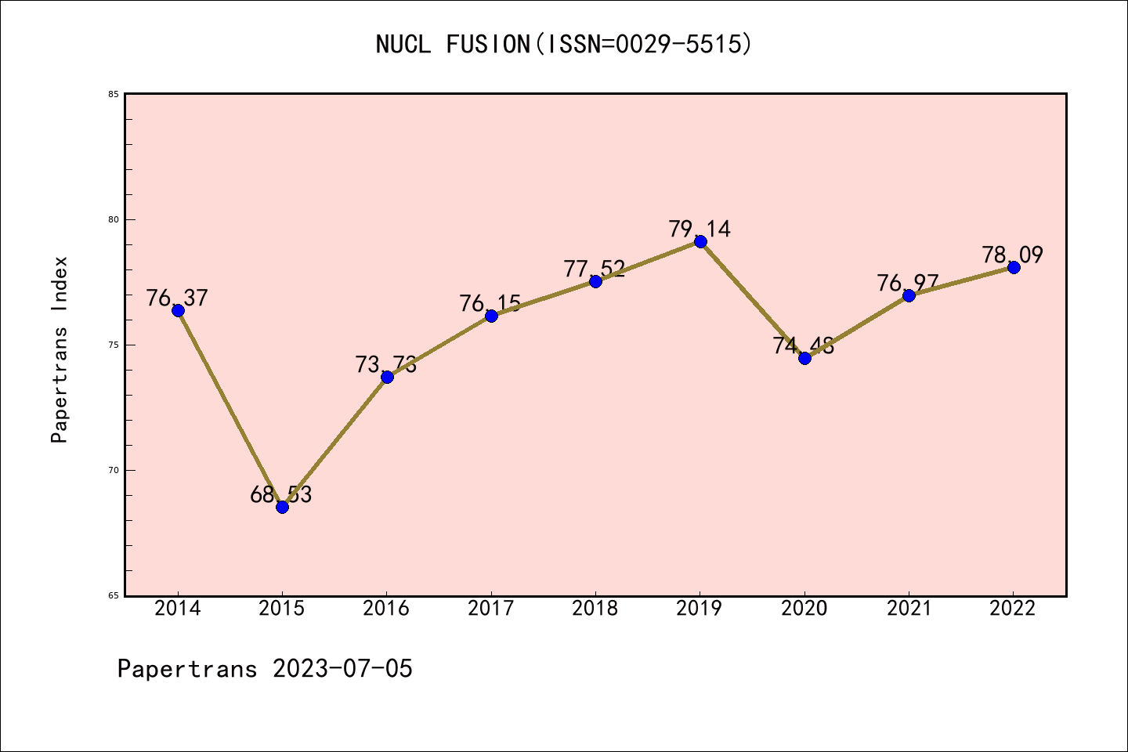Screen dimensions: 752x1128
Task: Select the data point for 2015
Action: pos(282,507)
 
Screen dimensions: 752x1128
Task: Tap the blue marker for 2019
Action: pos(700,241)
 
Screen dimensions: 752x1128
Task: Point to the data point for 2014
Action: pos(178,310)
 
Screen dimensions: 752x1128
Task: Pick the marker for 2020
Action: pos(804,358)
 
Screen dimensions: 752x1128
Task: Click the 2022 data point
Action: pos(1014,267)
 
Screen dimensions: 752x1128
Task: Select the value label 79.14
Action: pos(700,229)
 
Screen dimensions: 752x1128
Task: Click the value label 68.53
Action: pos(281,494)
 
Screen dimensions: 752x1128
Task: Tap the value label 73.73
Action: pos(386,364)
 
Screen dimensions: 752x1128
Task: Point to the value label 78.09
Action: pos(1013,255)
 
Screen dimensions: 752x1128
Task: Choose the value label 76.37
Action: pos(177,298)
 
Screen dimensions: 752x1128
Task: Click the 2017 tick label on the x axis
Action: pos(491,609)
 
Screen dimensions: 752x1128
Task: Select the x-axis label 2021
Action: pos(909,609)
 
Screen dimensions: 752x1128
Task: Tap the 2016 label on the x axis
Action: pos(386,609)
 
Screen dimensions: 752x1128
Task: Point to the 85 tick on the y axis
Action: pos(114,94)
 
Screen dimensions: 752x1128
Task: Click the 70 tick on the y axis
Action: pos(114,470)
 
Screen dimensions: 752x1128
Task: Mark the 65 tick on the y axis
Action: pos(114,595)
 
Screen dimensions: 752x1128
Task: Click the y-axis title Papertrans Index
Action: pos(60,349)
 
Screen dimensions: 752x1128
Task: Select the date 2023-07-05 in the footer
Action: pos(342,668)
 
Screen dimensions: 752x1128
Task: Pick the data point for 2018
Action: pos(595,281)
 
